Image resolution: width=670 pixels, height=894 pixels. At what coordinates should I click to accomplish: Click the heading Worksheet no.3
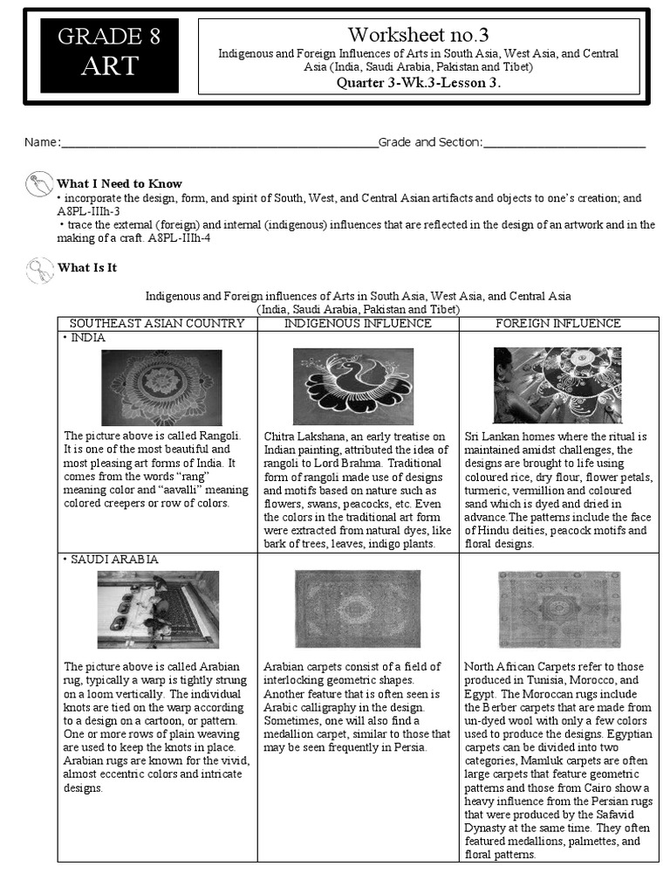coord(418,35)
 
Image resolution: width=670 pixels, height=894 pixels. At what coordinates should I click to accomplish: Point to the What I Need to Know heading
coord(120,183)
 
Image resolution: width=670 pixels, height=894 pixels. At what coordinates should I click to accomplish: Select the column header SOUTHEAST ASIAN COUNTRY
coord(157,323)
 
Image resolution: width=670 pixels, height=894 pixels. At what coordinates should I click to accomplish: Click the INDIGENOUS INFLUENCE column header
coord(358,323)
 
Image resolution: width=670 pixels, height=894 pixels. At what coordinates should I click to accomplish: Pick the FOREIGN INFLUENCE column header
coord(557,323)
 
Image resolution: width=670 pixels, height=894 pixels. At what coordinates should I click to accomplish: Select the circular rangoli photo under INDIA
coord(161,387)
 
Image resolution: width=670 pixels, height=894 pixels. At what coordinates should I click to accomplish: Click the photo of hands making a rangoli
coord(557,385)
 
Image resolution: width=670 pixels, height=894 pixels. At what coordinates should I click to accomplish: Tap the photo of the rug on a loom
coord(158,609)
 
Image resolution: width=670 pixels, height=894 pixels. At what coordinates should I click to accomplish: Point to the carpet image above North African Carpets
coord(558,609)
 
